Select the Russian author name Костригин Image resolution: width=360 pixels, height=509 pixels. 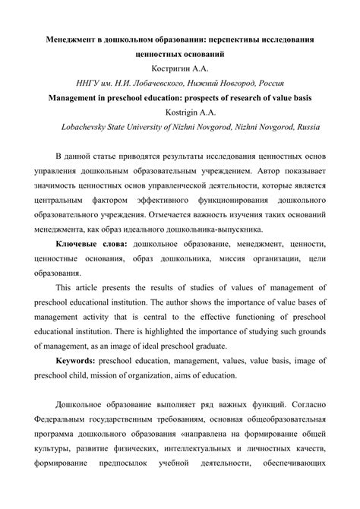click(169, 68)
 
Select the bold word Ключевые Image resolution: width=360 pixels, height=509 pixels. click(78, 246)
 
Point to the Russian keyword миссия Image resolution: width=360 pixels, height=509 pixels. click(220, 261)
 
